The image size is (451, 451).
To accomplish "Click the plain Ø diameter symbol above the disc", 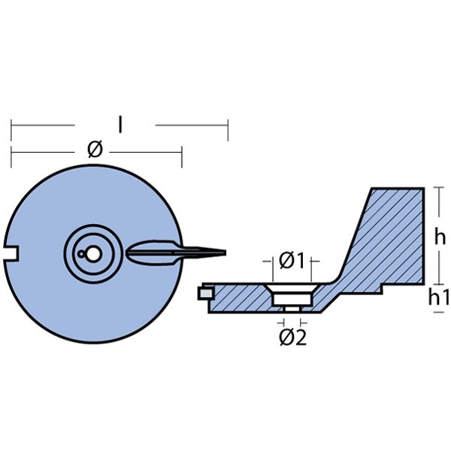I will (94, 149).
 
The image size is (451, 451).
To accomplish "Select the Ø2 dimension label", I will (292, 337).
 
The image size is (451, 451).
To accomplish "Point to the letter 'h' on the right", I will (440, 237).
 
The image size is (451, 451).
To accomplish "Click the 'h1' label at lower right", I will (439, 298).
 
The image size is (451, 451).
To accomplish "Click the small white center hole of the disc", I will (91, 254).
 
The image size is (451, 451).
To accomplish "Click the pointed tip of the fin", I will (224, 251).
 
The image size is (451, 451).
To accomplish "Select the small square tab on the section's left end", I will (202, 294).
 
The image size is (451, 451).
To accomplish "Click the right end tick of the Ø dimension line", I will (181, 156).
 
